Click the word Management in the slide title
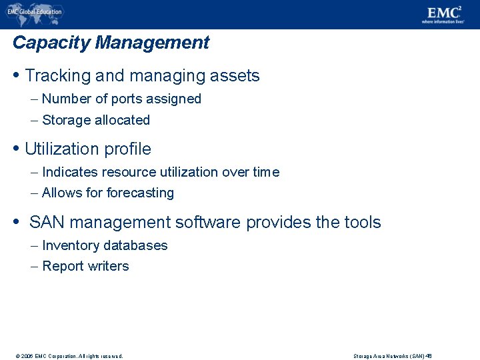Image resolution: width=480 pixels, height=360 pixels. [152, 43]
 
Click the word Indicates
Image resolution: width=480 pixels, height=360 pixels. [71, 172]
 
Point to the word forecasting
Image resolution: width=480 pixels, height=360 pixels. [137, 193]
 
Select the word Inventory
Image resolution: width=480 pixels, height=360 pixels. [69, 245]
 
